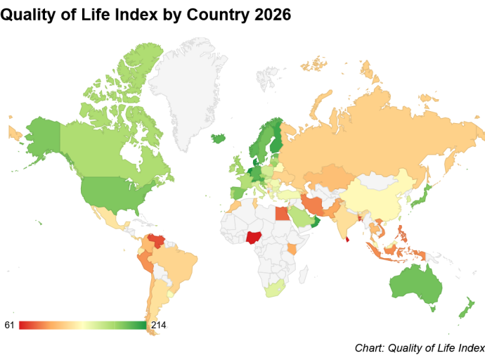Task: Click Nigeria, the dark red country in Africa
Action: (254, 237)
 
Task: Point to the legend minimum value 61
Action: (10, 325)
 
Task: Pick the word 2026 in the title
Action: (267, 15)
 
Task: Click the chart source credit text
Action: (419, 347)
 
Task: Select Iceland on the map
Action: (218, 139)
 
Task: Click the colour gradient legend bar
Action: (82, 325)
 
